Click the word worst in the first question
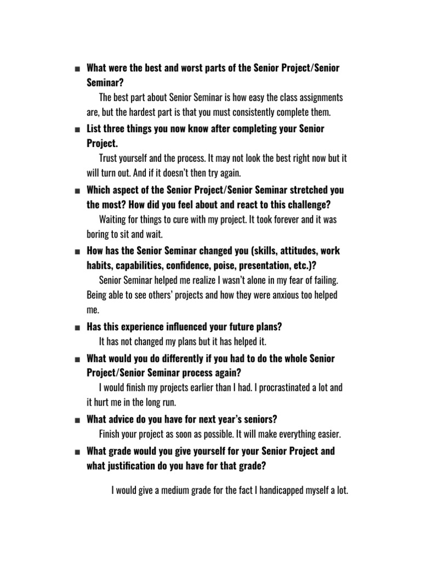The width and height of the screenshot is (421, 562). tap(185, 69)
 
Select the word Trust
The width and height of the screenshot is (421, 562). tap(109, 158)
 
